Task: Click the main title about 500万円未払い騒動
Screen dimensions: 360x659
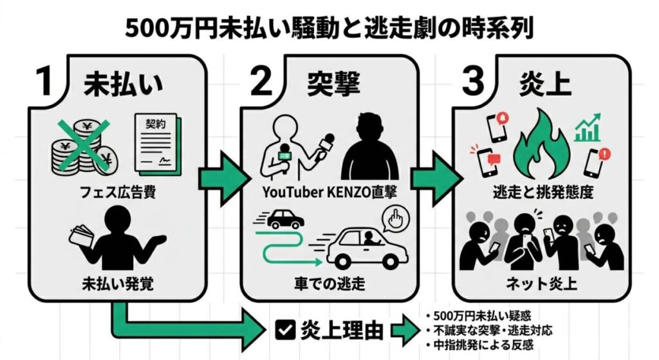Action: click(x=329, y=29)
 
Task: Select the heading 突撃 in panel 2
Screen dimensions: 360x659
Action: click(x=333, y=84)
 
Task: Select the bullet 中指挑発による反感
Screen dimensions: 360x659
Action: click(x=483, y=345)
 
